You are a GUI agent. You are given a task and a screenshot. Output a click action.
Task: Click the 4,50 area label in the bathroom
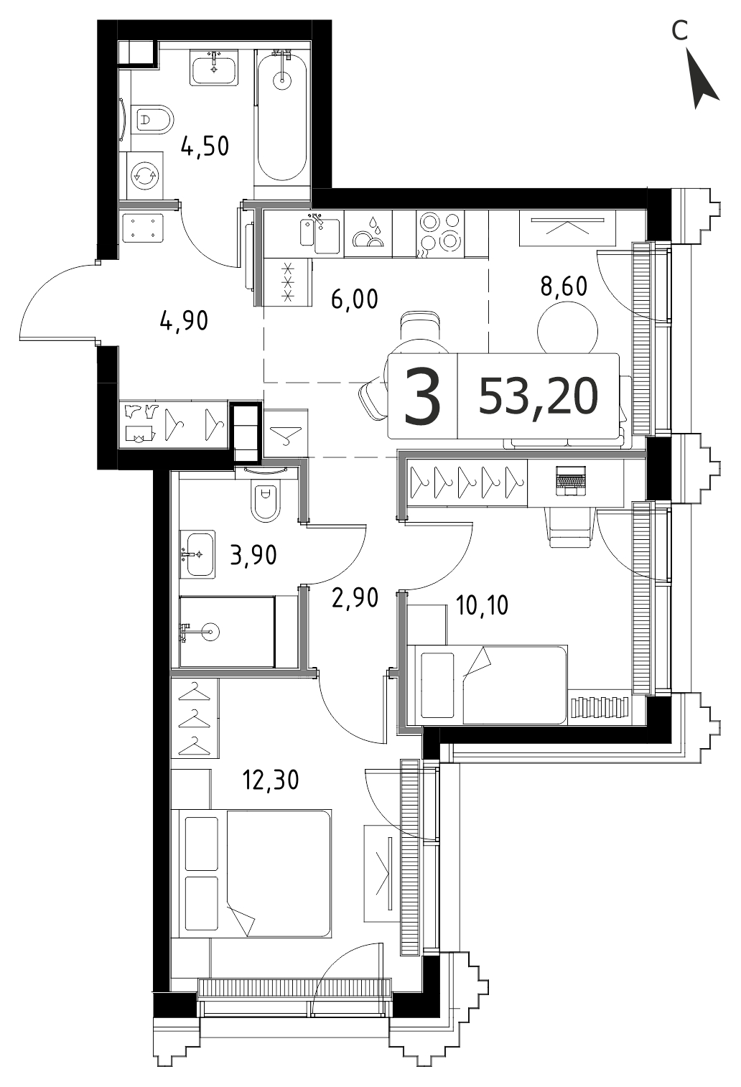coord(205,146)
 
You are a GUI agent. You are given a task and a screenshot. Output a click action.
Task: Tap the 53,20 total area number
coord(538,396)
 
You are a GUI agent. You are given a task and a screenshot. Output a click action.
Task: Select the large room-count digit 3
coord(423,396)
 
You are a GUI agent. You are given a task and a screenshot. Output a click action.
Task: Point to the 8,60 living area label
coord(564,286)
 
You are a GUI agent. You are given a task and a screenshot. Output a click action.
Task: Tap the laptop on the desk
coord(571,480)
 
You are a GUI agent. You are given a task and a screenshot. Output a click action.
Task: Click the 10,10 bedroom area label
coord(482,606)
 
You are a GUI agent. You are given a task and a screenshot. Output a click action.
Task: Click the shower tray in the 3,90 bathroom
coord(227,631)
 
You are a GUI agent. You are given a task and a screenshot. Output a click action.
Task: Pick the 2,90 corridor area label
coord(355,598)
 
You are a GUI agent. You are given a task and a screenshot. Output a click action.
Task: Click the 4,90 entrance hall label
coord(184,320)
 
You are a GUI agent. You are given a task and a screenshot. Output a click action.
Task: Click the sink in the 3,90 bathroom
coord(197,554)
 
